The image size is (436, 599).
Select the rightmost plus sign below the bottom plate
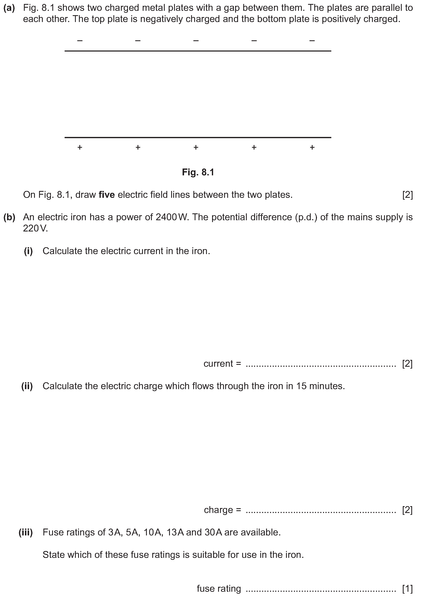pos(312,147)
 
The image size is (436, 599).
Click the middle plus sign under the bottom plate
pos(196,147)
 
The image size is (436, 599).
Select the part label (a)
pos(9,8)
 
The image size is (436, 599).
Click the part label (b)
pos(9,217)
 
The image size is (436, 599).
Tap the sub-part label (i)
pos(28,251)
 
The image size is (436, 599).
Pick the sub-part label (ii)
pos(27,386)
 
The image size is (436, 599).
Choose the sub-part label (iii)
pos(26,532)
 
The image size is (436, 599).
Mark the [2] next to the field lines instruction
pos(407,195)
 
